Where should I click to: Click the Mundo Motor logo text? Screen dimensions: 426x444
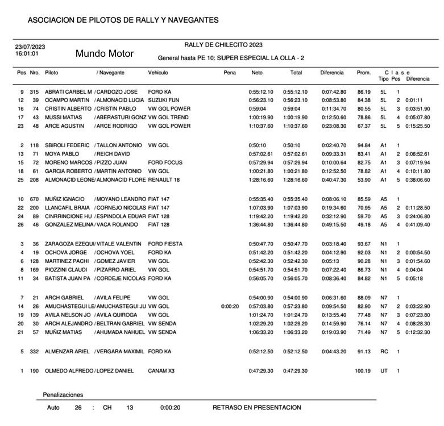pyautogui.click(x=105, y=54)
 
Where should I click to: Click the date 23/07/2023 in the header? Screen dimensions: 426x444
pyautogui.click(x=30, y=47)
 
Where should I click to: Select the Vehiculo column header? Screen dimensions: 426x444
pyautogui.click(x=158, y=73)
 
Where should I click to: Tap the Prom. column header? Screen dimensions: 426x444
pyautogui.click(x=363, y=73)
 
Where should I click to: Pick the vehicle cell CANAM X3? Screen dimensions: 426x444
pyautogui.click(x=161, y=371)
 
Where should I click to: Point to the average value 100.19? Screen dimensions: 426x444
pyautogui.click(x=362, y=371)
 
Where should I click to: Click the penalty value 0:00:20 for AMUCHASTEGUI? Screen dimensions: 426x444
pyautogui.click(x=230, y=306)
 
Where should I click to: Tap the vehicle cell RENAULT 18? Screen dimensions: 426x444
pyautogui.click(x=164, y=180)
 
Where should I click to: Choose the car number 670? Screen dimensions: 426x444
pyautogui.click(x=35, y=199)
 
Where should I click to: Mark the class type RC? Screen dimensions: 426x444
pyautogui.click(x=384, y=352)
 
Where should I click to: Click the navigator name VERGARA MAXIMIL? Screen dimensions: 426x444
pyautogui.click(x=120, y=352)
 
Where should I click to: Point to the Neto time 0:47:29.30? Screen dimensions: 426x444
pyautogui.click(x=261, y=371)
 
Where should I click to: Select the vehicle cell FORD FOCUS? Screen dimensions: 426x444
pyautogui.click(x=165, y=162)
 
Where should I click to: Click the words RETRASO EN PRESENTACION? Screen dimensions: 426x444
pyautogui.click(x=257, y=407)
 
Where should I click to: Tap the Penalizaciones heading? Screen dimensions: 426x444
pyautogui.click(x=63, y=395)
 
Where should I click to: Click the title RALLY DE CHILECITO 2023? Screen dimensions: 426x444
pyautogui.click(x=223, y=45)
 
